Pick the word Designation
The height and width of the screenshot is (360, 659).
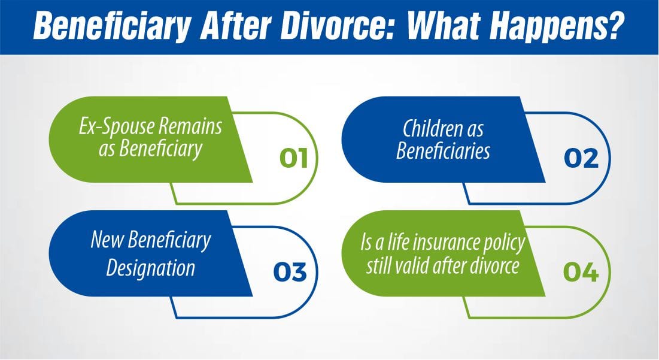click(x=151, y=267)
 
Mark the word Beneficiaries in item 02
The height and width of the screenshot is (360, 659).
click(x=443, y=150)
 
